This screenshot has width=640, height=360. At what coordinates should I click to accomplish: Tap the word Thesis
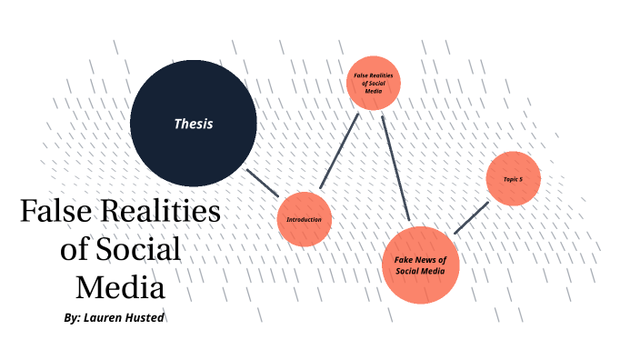point(194,124)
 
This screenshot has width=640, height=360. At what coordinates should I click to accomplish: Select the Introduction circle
point(304,219)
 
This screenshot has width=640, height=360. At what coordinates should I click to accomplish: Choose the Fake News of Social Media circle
point(420,265)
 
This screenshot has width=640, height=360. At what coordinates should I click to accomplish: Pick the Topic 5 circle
point(514,179)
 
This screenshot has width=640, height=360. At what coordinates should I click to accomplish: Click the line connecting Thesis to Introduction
point(264,183)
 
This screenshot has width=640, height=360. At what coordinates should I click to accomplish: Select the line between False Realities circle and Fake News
point(396,168)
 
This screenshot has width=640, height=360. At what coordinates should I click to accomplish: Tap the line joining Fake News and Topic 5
point(471,217)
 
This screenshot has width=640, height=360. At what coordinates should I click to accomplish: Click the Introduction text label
point(304,220)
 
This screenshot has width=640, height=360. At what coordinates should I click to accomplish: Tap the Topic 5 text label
point(514,179)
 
